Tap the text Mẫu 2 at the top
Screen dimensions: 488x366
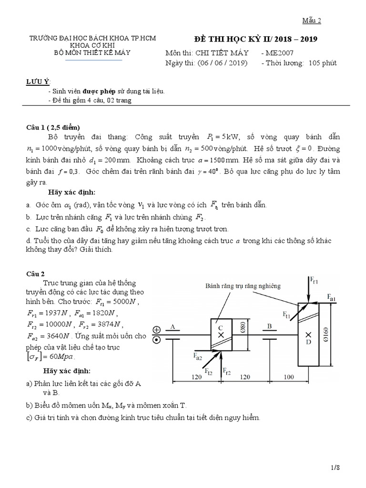pos(313,20)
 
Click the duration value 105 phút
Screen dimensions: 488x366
pos(323,63)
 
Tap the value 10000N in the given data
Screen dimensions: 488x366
pos(57,325)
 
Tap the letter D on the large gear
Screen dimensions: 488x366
pos(308,342)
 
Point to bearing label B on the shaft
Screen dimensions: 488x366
pos(269,326)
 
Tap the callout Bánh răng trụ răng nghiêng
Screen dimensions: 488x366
pos(243,286)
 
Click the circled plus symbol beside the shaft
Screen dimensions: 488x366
pos(156,330)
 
